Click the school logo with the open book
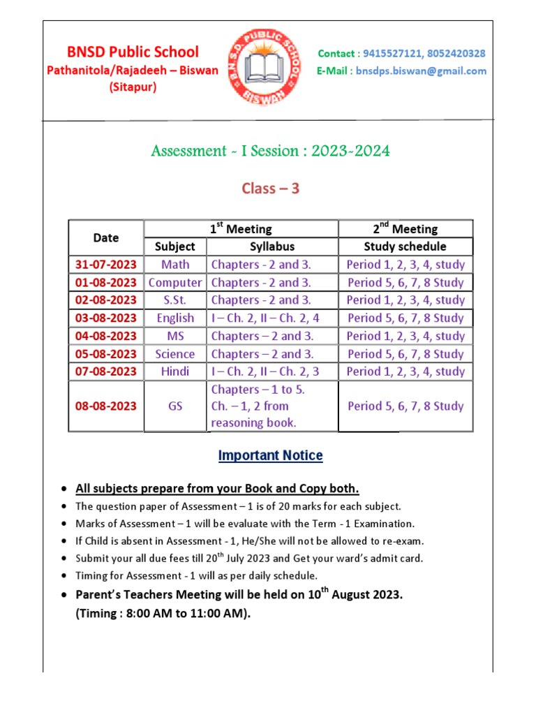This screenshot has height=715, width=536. click(x=262, y=68)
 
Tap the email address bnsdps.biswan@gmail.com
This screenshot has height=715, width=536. click(x=421, y=71)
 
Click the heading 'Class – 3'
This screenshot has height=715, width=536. click(x=271, y=188)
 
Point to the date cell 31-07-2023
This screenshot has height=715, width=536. click(x=106, y=265)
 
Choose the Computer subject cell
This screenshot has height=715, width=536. click(x=175, y=283)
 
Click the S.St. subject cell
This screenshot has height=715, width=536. click(x=175, y=300)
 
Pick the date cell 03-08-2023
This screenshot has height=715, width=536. click(x=106, y=318)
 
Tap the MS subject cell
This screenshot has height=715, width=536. click(x=175, y=336)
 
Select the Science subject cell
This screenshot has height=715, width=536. click(x=175, y=354)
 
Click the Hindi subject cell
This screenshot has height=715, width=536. click(x=175, y=371)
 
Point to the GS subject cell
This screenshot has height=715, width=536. click(x=175, y=406)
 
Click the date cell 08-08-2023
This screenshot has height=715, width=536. click(x=106, y=406)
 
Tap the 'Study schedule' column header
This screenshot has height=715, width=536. click(x=405, y=246)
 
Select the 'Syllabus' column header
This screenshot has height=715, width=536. click(x=272, y=246)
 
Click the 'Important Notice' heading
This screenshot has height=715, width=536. click(x=271, y=456)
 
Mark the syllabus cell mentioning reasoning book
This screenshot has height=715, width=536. click(x=272, y=406)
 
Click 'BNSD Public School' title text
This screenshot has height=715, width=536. click(x=133, y=52)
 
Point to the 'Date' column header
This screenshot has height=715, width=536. click(x=106, y=237)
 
